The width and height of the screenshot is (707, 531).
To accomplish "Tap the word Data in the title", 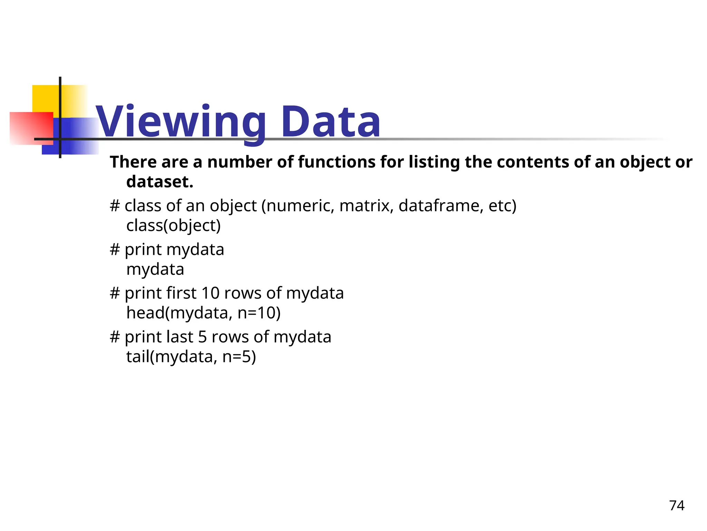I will click(x=331, y=122).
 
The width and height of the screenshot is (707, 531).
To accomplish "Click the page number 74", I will click(x=677, y=506).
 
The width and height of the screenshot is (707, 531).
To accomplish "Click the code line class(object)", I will click(x=173, y=226).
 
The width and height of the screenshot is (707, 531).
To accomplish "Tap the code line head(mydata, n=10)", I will click(x=203, y=313).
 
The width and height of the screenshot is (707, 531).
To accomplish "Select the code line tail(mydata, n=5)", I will click(x=191, y=357).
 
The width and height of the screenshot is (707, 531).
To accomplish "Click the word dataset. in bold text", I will click(x=160, y=182).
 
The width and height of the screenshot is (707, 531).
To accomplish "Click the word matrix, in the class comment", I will click(x=367, y=206).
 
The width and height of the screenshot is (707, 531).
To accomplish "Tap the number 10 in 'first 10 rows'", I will click(x=211, y=294).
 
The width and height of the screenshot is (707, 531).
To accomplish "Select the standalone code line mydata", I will click(x=155, y=270).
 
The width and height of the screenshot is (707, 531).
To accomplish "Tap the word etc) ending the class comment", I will click(x=502, y=206).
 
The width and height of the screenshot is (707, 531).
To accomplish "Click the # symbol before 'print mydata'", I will click(x=115, y=250).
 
